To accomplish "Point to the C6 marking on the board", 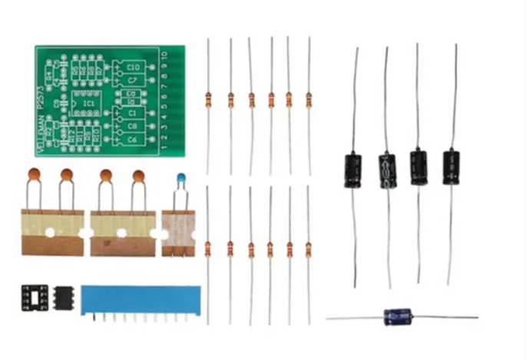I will pos(132,139).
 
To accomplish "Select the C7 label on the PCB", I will pos(133,79).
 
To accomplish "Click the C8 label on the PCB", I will pos(132,126).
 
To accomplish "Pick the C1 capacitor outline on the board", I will pos(132,113).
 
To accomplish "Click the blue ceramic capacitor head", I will pos(181,179).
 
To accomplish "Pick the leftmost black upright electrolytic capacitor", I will pos(353,170).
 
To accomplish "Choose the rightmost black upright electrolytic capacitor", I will pos(452,167).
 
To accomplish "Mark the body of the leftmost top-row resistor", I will pos(208,99).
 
